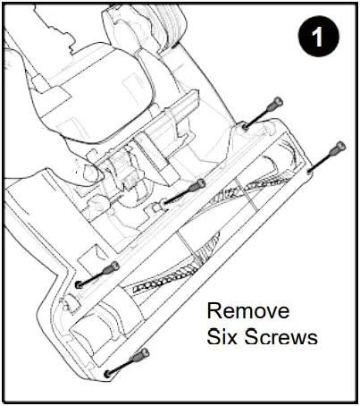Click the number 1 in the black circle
click(318, 40)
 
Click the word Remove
click(247, 312)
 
